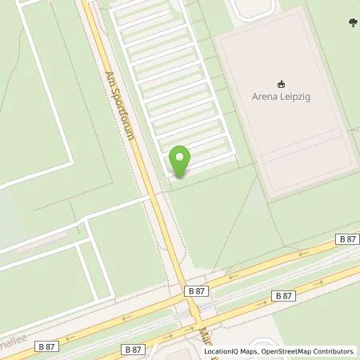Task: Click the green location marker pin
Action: [x=180, y=159]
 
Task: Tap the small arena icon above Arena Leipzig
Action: [x=281, y=83]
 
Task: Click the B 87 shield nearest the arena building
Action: [x=346, y=239]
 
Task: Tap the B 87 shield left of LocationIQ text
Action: [x=134, y=349]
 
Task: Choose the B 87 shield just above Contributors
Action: [x=285, y=295]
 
